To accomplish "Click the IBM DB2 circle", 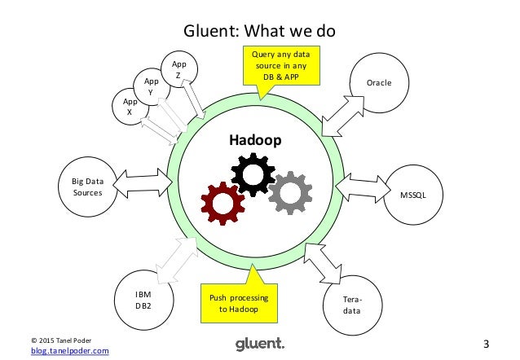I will [x=143, y=299].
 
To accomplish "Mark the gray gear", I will [x=287, y=192].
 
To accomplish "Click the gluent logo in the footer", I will [x=259, y=344].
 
